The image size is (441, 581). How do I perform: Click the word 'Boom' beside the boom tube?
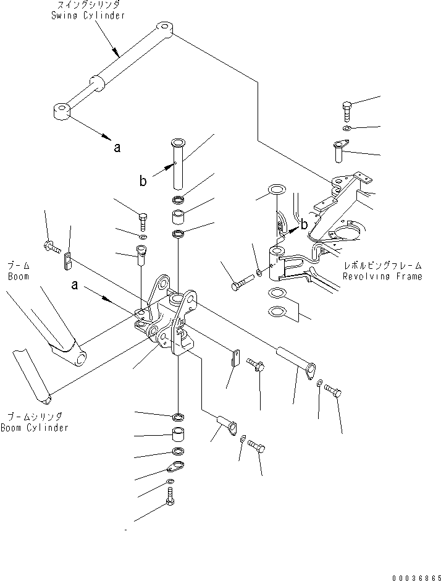point(19,276)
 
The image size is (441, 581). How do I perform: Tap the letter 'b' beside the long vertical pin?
point(143,181)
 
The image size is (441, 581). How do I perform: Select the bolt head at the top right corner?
point(347,108)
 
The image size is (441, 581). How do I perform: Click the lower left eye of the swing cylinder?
point(61,112)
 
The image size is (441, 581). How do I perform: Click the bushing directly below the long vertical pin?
point(178,218)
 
